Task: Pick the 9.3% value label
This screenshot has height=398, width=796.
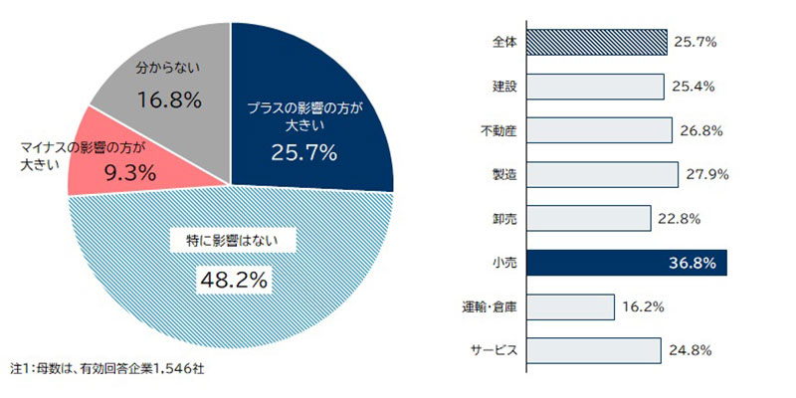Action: [130, 173]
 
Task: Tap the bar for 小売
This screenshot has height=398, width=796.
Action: [627, 263]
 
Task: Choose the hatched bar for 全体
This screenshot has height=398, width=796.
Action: [596, 42]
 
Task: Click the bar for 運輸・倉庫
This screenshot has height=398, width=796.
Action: [571, 306]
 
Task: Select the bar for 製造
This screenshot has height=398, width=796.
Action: [603, 174]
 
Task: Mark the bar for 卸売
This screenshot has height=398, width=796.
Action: [589, 218]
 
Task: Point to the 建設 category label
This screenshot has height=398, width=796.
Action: [504, 86]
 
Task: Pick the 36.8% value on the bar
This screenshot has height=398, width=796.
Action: [695, 264]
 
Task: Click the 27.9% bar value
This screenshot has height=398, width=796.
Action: [707, 174]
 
